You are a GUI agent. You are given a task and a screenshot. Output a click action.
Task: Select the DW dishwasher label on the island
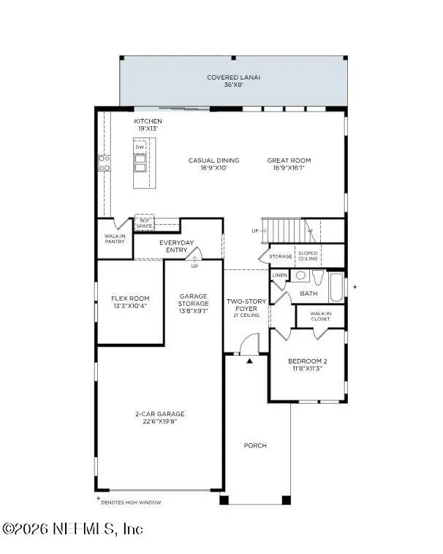(139, 147)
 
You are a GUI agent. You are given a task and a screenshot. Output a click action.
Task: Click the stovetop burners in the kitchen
(105, 163)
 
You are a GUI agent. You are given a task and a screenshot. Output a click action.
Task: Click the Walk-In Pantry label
(115, 238)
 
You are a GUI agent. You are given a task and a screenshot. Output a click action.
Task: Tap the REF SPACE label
(144, 223)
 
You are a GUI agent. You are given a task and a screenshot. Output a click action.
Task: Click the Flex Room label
(130, 302)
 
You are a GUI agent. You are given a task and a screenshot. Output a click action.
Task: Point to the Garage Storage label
(194, 303)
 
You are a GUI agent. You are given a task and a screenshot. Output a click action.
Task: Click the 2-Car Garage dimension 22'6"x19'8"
(159, 421)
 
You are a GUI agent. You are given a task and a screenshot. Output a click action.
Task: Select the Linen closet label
(279, 275)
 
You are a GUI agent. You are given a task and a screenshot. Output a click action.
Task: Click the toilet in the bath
(318, 277)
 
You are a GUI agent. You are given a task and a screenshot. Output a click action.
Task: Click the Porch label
(255, 445)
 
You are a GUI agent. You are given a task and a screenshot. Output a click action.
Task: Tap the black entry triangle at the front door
(249, 361)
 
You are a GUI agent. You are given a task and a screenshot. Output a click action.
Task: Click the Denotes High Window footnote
(129, 502)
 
